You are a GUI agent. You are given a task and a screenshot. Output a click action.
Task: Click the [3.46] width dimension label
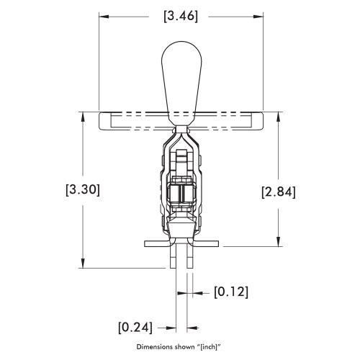click(180, 15)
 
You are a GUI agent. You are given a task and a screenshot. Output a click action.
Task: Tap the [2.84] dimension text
click(279, 191)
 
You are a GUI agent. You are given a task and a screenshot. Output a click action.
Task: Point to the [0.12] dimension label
click(231, 292)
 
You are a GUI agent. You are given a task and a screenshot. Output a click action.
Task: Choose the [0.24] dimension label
click(135, 326)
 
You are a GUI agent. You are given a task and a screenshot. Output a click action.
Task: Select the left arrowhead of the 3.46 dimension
click(102, 15)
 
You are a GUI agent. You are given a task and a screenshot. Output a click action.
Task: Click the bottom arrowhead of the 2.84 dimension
click(279, 243)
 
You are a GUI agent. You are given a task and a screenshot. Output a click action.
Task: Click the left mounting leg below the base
click(173, 258)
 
